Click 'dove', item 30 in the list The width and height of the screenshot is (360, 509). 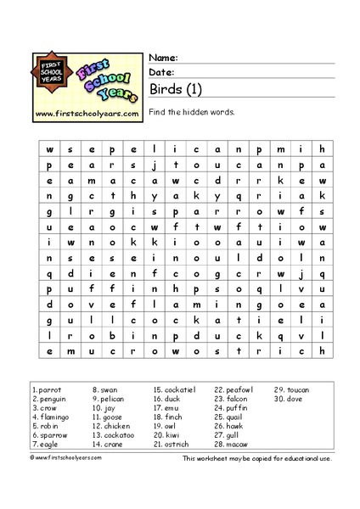[294, 399]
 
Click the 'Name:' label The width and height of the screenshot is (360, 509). [163, 58]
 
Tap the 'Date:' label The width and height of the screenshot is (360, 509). [162, 73]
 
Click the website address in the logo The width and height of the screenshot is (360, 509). [87, 112]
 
